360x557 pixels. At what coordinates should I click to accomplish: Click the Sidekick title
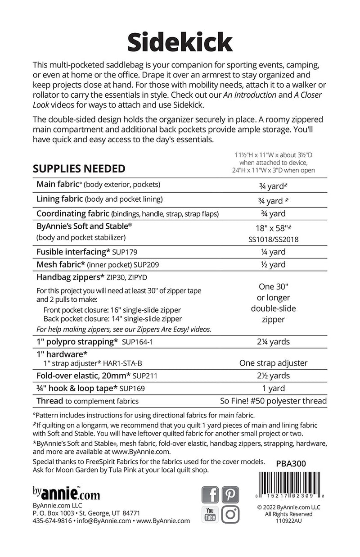(180, 43)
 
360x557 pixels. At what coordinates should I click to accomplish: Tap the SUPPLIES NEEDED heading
(79, 169)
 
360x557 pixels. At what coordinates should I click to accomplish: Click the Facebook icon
(210, 495)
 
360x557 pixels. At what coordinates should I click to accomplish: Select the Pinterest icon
(230, 495)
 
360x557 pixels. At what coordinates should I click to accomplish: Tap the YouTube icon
(210, 514)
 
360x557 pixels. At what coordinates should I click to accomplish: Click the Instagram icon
(230, 514)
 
